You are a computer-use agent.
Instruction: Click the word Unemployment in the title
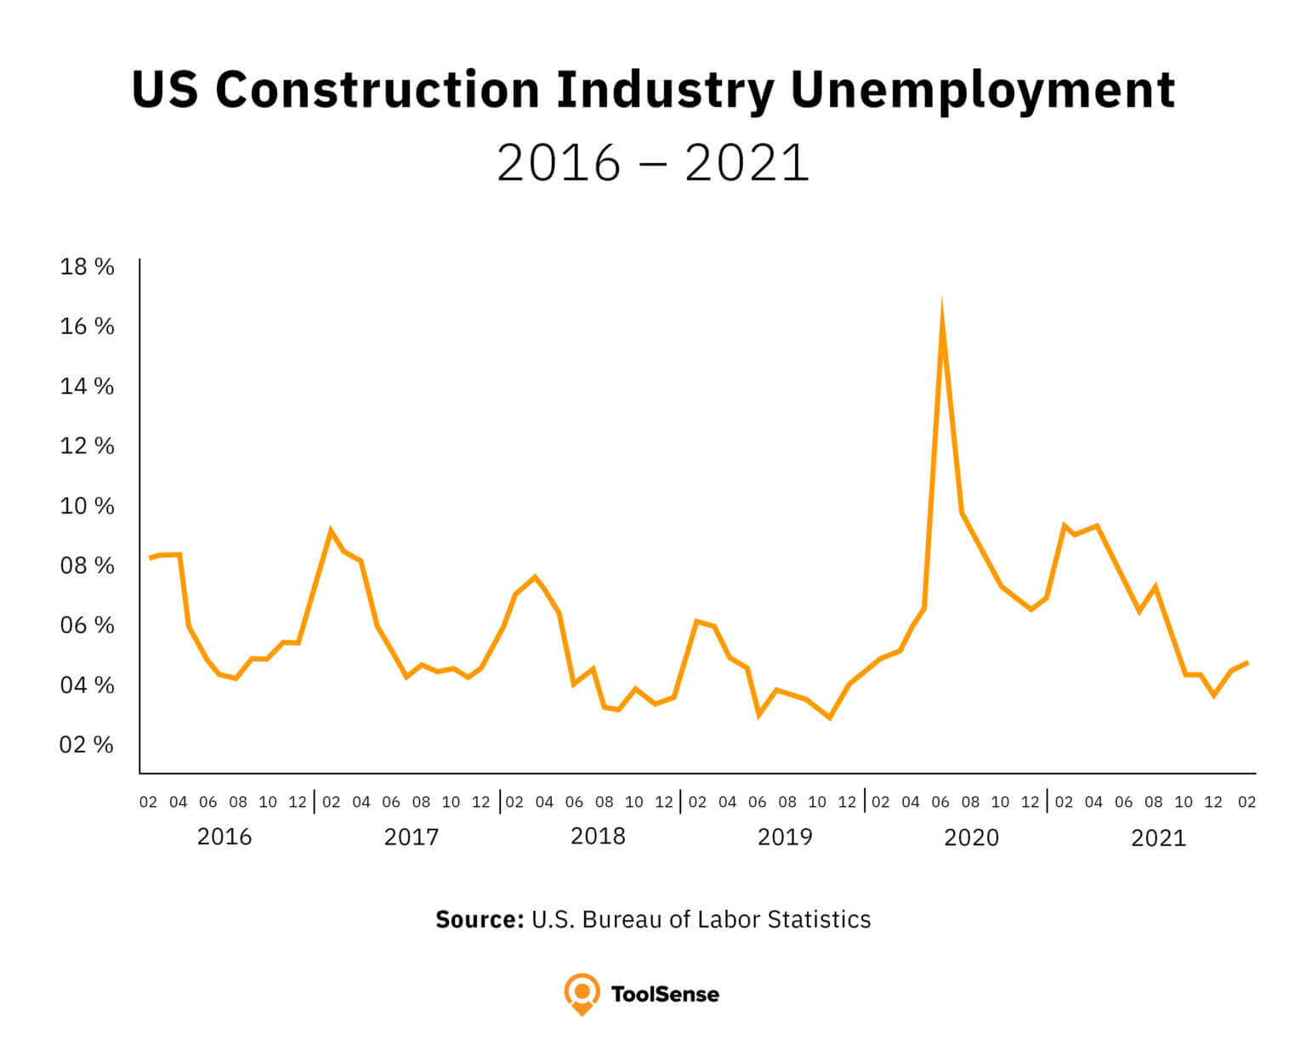point(982,90)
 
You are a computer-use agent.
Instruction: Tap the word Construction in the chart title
point(378,90)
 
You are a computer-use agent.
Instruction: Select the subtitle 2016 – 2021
point(652,163)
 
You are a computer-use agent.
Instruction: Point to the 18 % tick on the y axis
point(87,267)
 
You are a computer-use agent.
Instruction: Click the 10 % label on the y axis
point(87,506)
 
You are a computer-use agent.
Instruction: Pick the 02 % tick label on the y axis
point(87,745)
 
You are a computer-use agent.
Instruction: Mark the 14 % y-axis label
point(87,387)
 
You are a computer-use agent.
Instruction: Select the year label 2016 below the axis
point(224,837)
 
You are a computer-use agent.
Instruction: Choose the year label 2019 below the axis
point(785,837)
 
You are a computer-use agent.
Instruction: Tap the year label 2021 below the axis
point(1158,838)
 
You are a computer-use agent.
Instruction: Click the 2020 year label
point(971,838)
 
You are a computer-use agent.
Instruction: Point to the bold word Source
point(479,919)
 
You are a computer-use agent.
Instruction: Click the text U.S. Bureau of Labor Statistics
point(701,919)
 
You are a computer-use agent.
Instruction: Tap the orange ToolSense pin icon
point(582,993)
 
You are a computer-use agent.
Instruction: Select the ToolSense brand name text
point(665,994)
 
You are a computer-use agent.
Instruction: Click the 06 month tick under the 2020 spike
point(940,802)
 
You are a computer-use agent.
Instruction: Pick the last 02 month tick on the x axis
point(1246,802)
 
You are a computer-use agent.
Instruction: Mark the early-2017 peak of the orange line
point(331,531)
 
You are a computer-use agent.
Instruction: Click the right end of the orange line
point(1246,662)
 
